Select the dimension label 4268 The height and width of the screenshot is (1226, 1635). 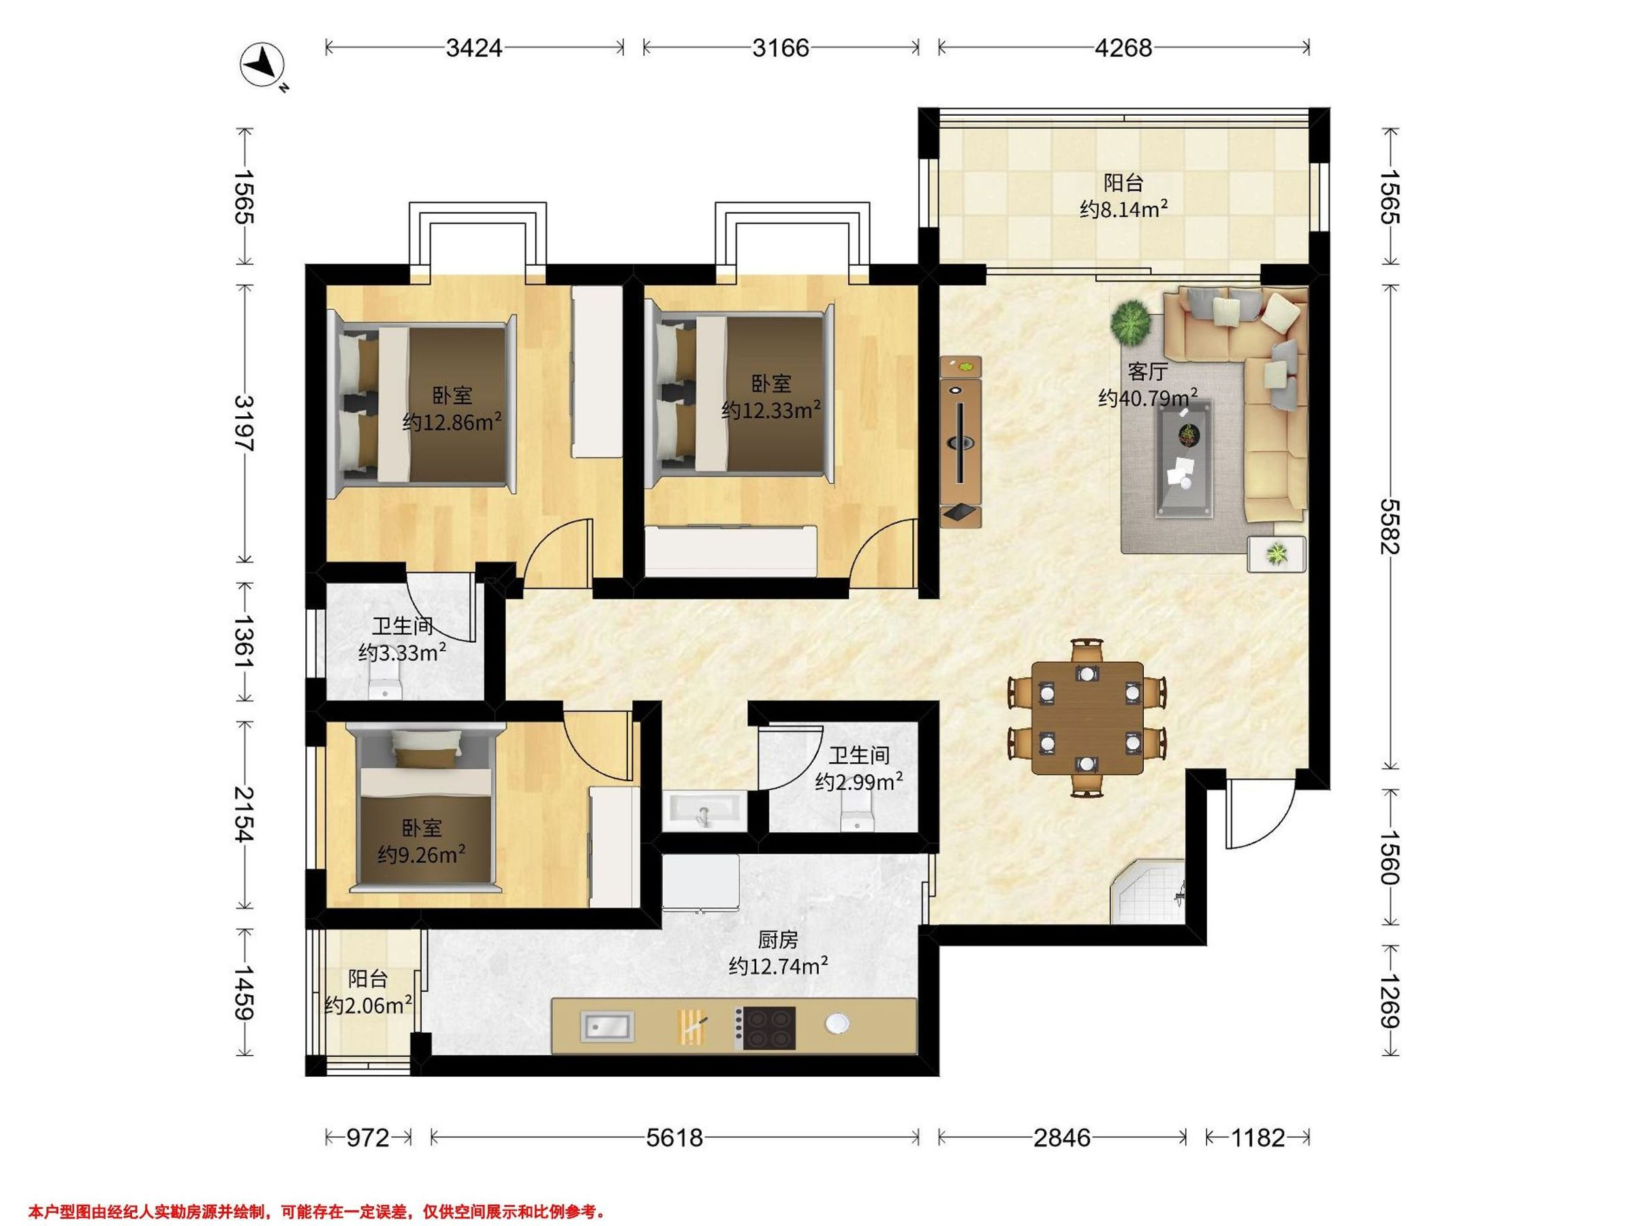pyautogui.click(x=1123, y=48)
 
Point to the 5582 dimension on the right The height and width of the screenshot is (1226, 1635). pyautogui.click(x=1390, y=526)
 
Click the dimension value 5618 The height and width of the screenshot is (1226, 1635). pyautogui.click(x=674, y=1137)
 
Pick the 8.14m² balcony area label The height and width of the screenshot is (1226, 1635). pyautogui.click(x=1123, y=209)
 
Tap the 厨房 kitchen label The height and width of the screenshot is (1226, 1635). pyautogui.click(x=778, y=940)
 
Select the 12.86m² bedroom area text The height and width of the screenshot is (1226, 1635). pyautogui.click(x=452, y=422)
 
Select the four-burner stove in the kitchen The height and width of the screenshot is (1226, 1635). pyautogui.click(x=765, y=1028)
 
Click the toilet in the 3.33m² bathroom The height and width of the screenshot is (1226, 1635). pyautogui.click(x=384, y=684)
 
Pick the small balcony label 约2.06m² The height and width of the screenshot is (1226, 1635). pyautogui.click(x=369, y=1006)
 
